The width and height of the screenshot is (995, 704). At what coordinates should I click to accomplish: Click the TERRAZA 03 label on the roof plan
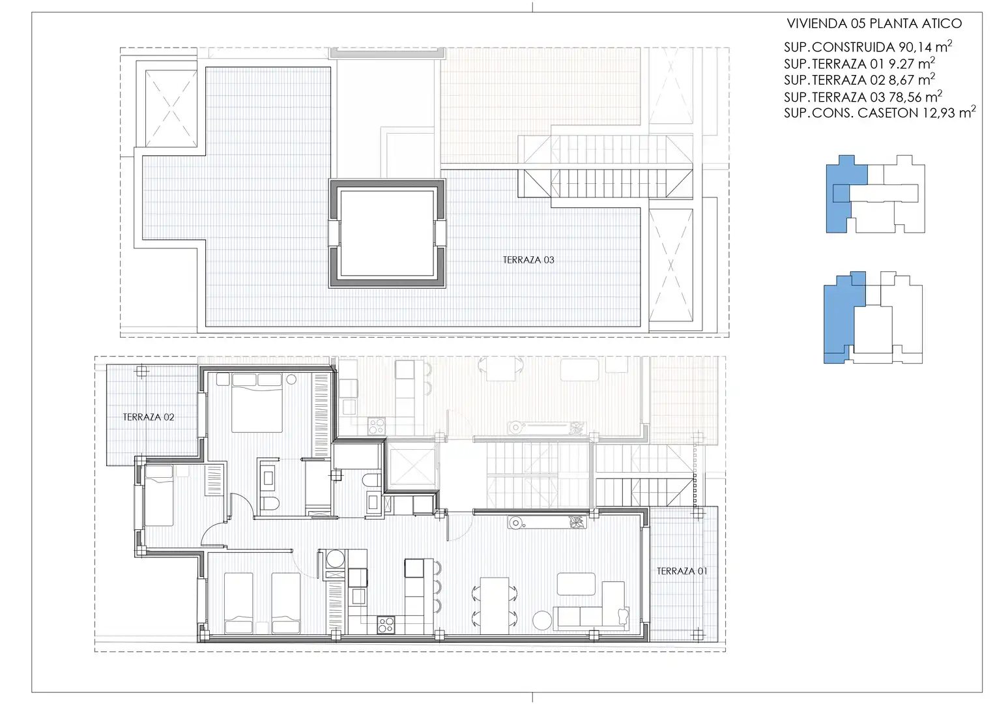click(x=528, y=260)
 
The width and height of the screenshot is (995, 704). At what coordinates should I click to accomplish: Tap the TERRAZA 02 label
click(x=149, y=417)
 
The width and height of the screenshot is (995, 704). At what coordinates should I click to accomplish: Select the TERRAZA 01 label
click(x=682, y=571)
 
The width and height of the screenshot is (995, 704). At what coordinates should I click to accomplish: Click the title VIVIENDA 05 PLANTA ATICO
click(x=874, y=23)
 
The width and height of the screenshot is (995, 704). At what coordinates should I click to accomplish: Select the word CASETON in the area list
click(x=888, y=113)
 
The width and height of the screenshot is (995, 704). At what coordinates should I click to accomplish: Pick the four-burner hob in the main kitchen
click(x=386, y=624)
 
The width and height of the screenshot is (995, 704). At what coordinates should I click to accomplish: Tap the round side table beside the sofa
click(x=542, y=621)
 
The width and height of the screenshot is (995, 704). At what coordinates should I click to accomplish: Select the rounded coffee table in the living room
click(x=576, y=583)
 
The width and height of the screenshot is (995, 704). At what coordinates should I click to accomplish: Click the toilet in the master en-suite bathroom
click(x=270, y=503)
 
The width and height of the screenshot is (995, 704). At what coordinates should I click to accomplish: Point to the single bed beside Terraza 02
click(x=158, y=495)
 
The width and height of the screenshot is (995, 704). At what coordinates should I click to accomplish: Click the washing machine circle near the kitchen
click(x=336, y=559)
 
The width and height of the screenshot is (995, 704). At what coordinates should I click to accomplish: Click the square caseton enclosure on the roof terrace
click(x=387, y=233)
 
